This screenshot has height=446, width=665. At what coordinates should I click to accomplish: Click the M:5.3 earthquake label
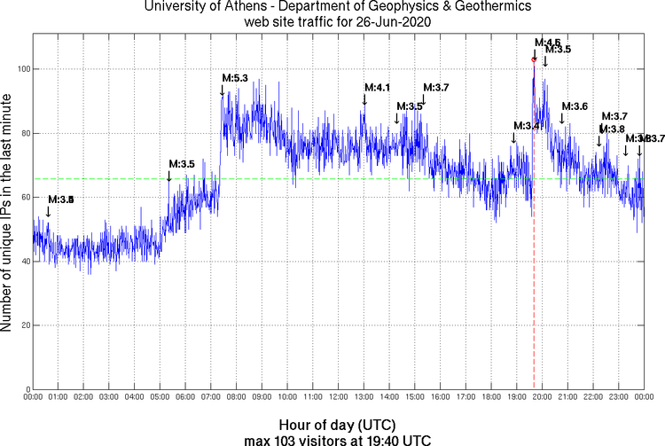point(235,79)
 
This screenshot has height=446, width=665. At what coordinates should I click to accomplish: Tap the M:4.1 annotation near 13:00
point(378,87)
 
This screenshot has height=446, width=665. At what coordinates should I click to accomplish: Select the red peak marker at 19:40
point(534,59)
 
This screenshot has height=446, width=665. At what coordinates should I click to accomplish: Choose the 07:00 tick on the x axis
point(211,397)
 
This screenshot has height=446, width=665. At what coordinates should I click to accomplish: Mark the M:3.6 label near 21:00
point(575,106)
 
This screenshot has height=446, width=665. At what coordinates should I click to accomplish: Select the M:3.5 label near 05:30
point(181,164)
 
